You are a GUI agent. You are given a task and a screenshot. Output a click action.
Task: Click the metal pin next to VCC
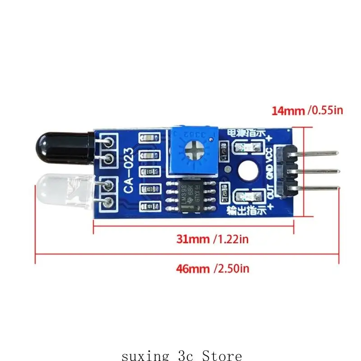coord(316,153)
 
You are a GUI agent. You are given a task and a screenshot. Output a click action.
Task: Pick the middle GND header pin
coord(316,171)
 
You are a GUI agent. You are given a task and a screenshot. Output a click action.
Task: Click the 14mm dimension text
coord(288,110)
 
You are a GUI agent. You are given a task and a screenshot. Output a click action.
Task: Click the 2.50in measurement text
coord(232,269)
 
